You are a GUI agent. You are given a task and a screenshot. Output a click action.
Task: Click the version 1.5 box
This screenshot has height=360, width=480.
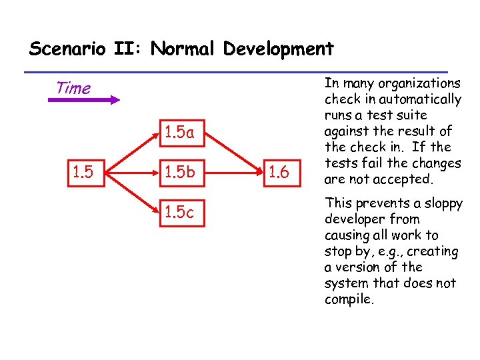[x=83, y=173]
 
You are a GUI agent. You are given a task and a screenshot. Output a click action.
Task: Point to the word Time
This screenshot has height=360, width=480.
[x=73, y=88]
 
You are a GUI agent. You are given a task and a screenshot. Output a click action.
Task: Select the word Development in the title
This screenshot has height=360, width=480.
[x=279, y=49]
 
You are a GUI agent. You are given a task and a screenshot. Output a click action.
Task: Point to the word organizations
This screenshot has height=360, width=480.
[x=419, y=84]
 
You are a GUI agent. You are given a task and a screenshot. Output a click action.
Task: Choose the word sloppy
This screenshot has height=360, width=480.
[x=441, y=204]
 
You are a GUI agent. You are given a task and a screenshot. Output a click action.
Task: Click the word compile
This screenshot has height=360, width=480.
[x=349, y=299]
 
